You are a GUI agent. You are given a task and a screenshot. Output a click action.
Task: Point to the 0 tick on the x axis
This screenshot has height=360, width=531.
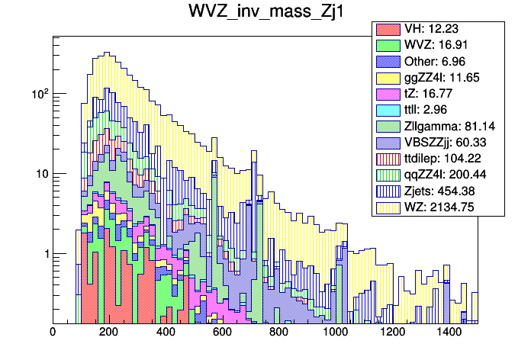click(53, 333)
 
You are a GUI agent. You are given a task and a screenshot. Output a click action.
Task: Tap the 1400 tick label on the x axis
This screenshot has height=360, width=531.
click(449, 333)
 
